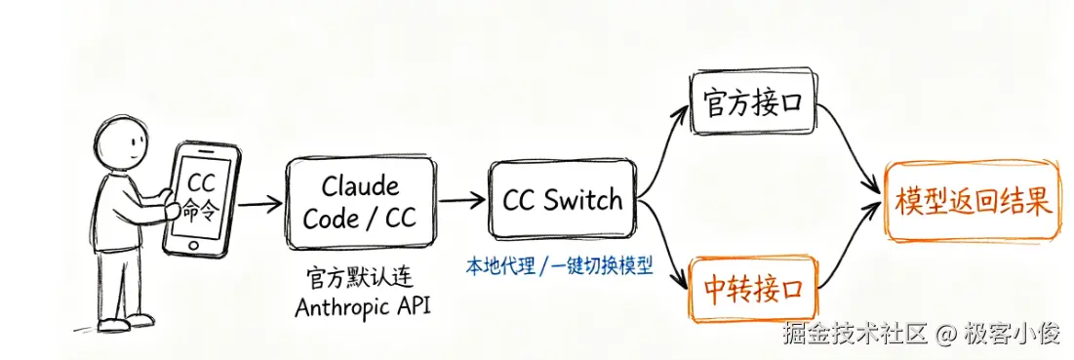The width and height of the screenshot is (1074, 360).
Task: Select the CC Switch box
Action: pos(563,201)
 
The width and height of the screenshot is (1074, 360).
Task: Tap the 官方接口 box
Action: pos(752,102)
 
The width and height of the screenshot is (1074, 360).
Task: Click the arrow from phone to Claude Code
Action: pos(261,203)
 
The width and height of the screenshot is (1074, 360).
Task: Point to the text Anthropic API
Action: pos(362,308)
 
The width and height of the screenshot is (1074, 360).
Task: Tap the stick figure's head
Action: pos(122,143)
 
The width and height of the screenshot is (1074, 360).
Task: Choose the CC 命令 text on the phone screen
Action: pos(201,196)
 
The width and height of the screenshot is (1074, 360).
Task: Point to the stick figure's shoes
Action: pos(124,322)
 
